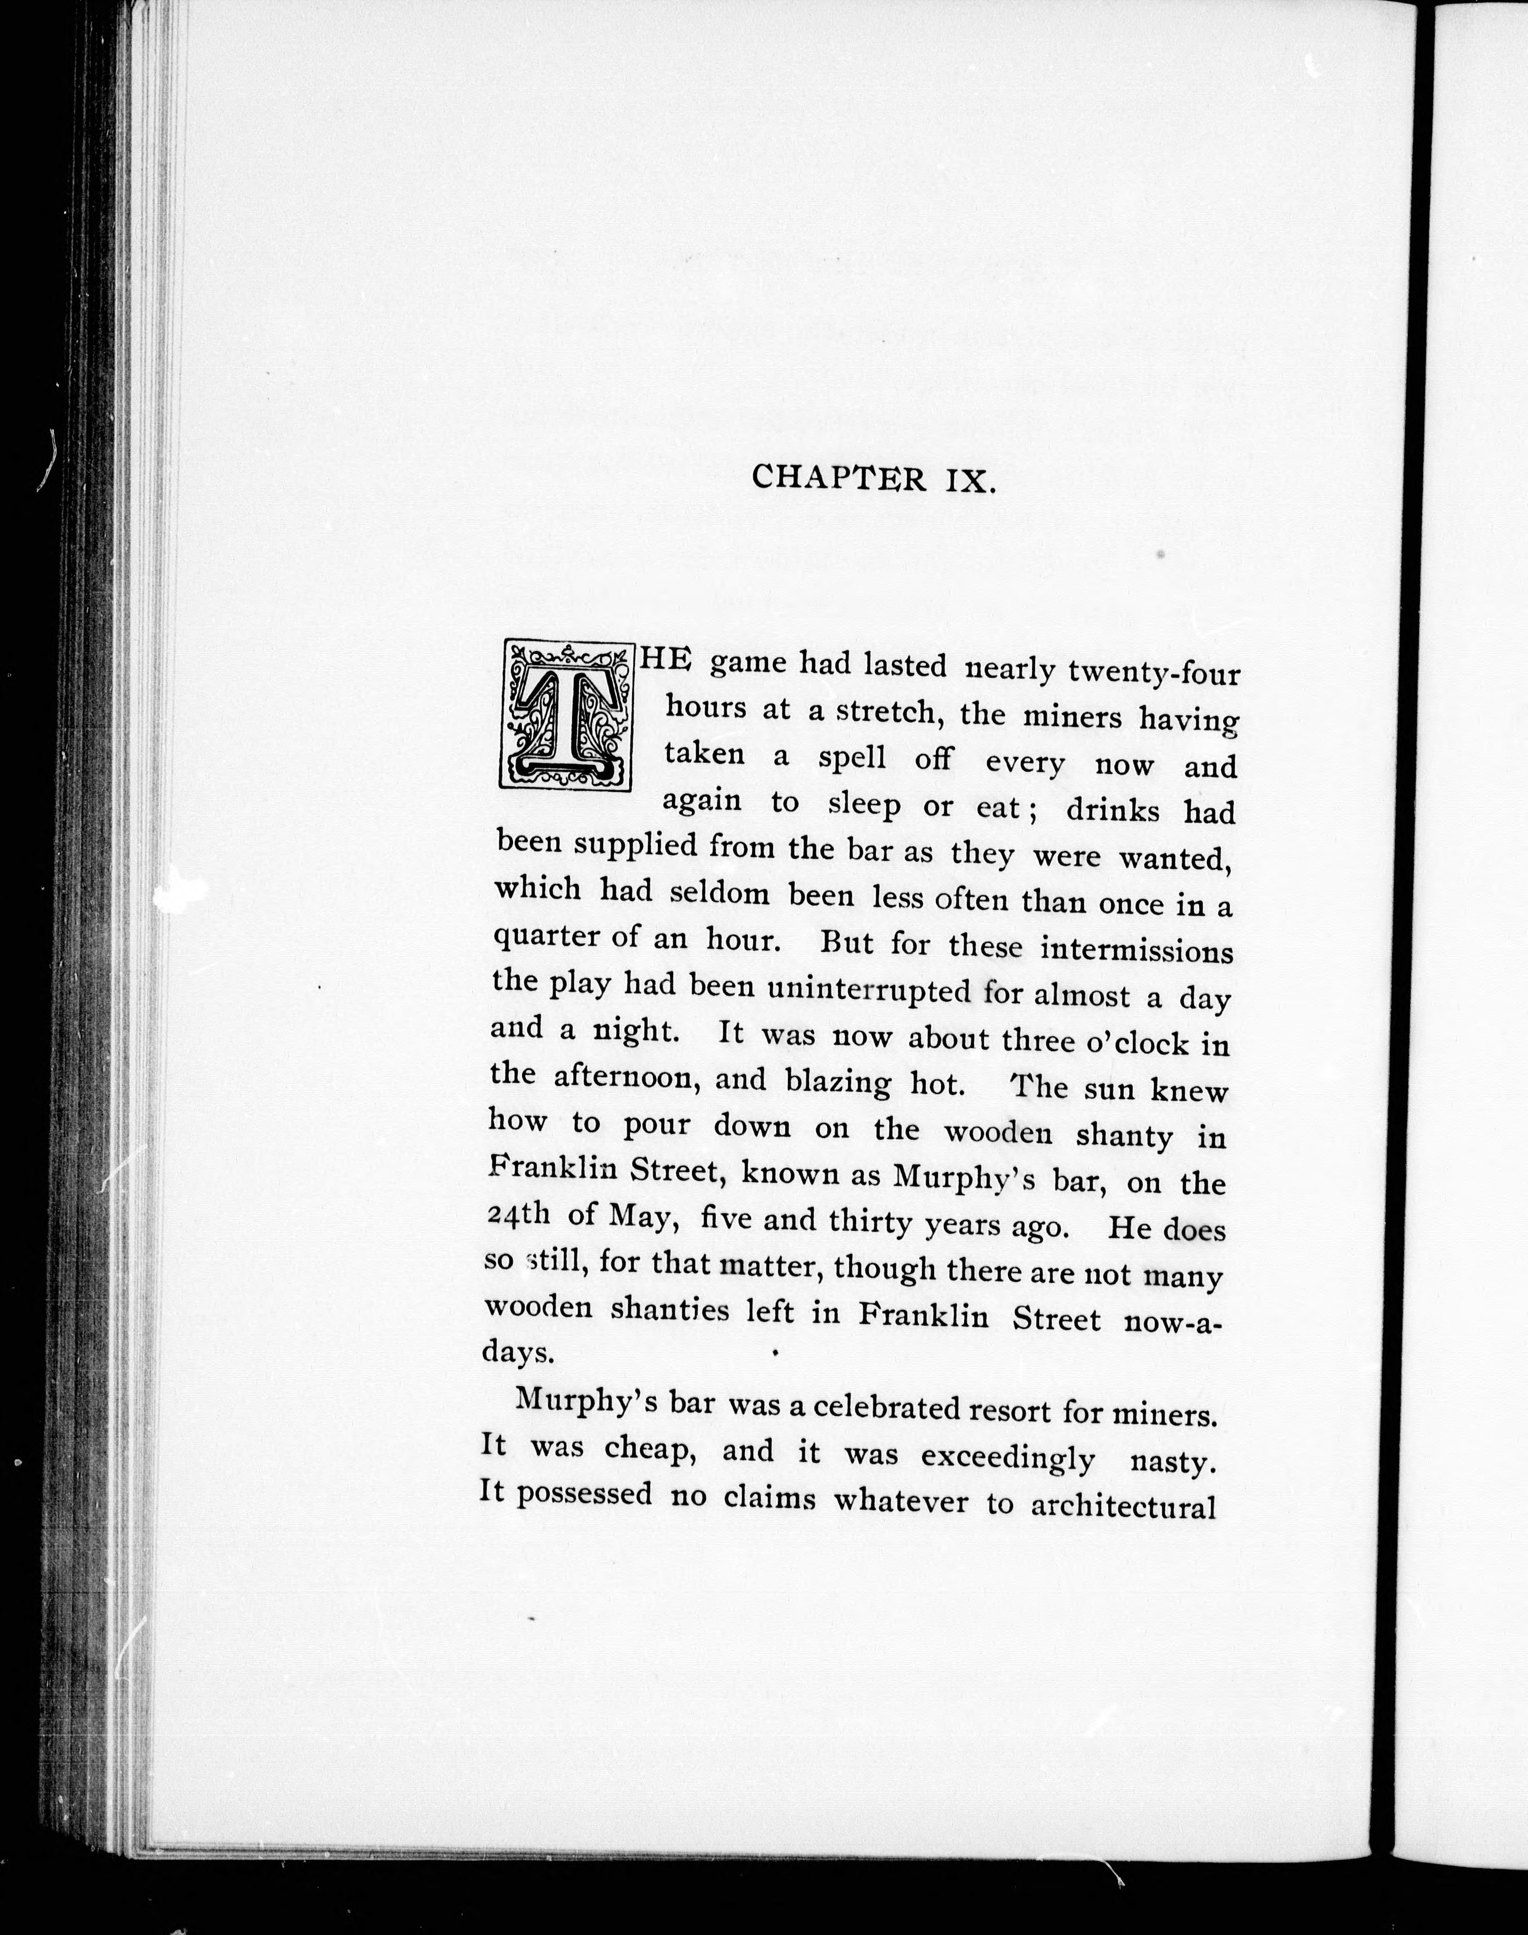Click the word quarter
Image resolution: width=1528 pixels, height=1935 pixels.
point(546,936)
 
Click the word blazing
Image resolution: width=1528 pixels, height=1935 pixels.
point(838,1083)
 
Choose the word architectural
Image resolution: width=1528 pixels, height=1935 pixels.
point(1123,1506)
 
